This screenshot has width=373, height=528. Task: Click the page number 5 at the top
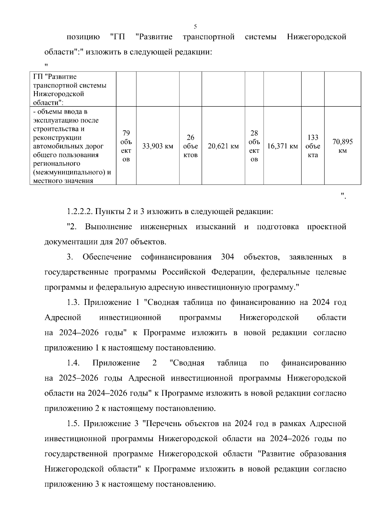[x=195, y=26]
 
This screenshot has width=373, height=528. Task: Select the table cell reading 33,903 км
[x=158, y=146]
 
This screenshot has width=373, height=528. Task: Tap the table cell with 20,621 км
[x=223, y=146]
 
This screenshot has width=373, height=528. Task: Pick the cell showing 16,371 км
[x=282, y=146]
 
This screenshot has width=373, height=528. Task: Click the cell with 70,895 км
[x=343, y=146]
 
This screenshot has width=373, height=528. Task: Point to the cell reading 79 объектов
[x=126, y=146]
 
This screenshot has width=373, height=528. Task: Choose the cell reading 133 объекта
[x=313, y=146]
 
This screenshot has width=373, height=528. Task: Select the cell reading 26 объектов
[x=191, y=146]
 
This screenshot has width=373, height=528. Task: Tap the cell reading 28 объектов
[x=254, y=146]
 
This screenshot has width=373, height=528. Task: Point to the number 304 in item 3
[x=228, y=257]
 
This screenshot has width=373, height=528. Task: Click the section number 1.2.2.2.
[x=80, y=212]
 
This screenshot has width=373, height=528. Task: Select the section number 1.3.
[x=73, y=302]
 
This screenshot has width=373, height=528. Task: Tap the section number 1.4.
[x=73, y=363]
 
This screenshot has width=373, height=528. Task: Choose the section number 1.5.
[x=73, y=423]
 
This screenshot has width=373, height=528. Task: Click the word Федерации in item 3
[x=233, y=272]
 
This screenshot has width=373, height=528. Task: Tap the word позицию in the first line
[x=83, y=37]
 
